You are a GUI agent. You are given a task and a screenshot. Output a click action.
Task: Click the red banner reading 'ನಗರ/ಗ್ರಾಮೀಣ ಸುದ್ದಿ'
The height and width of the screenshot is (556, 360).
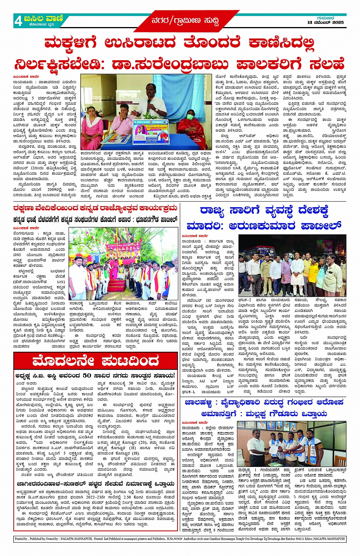click(x=185, y=20)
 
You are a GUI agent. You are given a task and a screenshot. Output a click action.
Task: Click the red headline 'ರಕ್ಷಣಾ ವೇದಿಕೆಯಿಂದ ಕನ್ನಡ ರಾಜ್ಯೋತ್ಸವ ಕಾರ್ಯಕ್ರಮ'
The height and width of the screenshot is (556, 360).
click(x=95, y=208)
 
